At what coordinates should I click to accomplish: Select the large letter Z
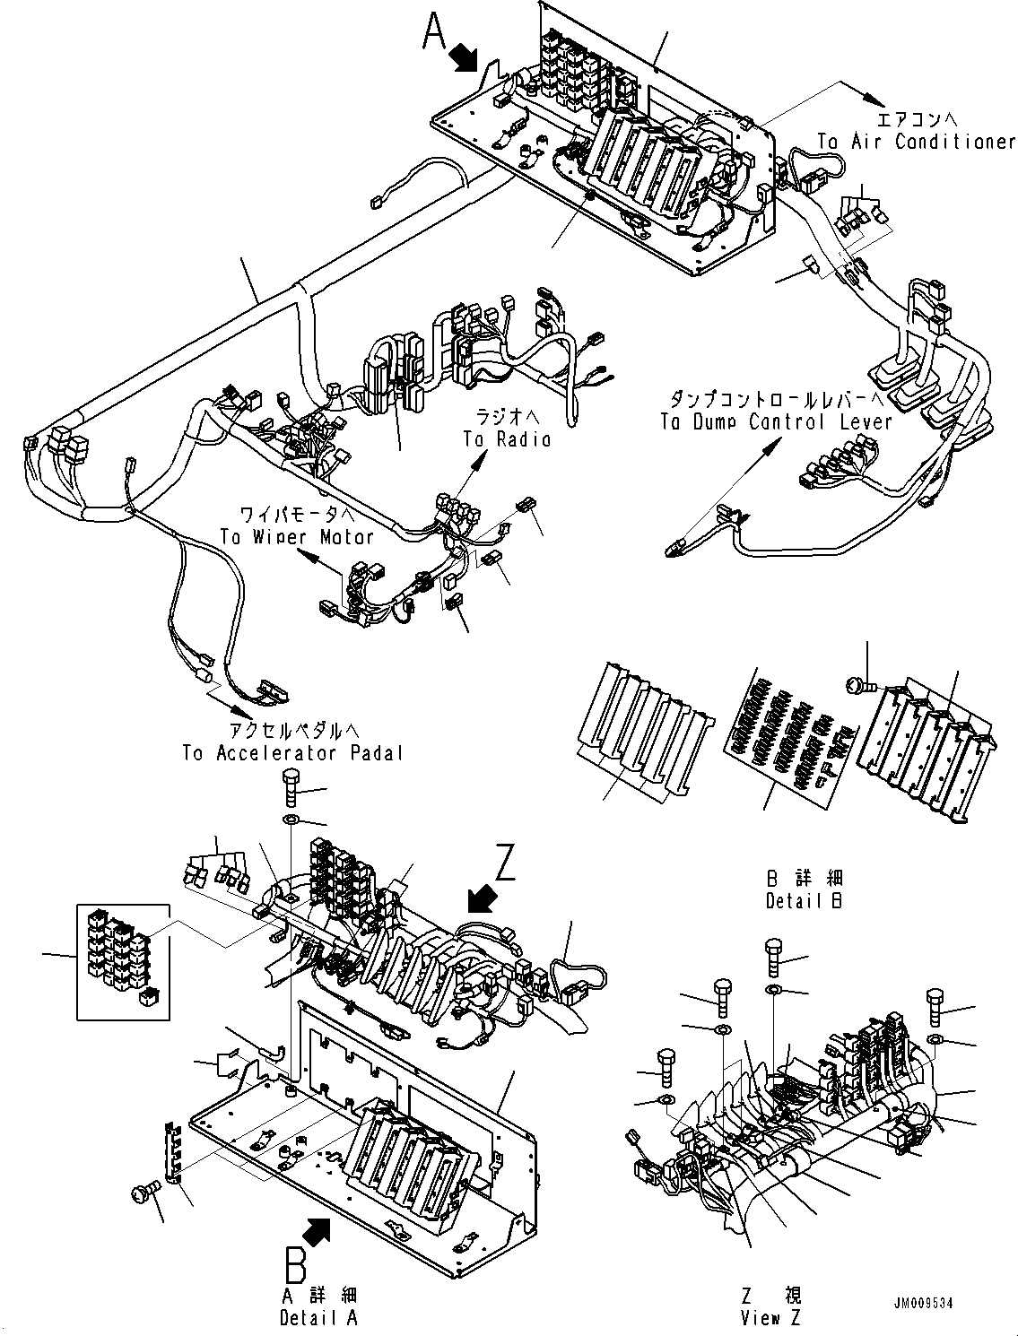507,864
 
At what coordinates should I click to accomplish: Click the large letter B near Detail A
295,1265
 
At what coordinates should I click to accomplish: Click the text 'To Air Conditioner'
916,142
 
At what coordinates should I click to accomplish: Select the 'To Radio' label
507,438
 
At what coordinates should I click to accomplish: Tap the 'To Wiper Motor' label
297,536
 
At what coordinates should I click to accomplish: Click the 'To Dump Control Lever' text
777,421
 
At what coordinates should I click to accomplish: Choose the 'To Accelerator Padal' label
292,753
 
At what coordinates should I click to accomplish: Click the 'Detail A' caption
318,1318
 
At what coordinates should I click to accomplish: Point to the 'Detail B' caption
805,901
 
